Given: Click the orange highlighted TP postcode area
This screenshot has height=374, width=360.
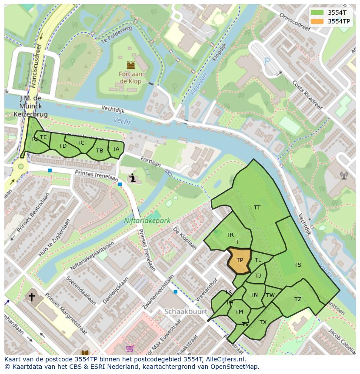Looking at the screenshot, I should point(240,260).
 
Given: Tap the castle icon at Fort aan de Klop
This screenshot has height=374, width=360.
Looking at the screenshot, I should point(130,66).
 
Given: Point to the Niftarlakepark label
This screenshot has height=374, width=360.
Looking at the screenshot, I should point(147,221).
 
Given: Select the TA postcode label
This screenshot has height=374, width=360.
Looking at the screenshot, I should point(116,149).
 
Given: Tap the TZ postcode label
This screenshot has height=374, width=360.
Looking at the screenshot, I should point(297,299).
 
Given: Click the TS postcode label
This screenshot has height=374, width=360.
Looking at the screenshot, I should point(297,265).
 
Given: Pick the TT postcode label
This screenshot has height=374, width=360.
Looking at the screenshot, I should point(257,208).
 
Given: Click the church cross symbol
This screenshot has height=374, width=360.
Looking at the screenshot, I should point(31,297).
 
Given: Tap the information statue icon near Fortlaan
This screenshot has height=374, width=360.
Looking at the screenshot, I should point(133,178).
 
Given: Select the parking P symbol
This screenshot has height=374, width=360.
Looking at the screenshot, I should point(267,62).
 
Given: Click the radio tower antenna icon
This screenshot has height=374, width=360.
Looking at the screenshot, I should point(344,175).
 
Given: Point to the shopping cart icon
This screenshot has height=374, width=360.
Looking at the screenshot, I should point(130,348).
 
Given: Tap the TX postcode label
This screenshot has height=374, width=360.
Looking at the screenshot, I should point(263,322).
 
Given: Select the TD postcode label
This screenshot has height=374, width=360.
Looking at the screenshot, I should point(63,146).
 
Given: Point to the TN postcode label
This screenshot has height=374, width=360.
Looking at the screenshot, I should point(254,295).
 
